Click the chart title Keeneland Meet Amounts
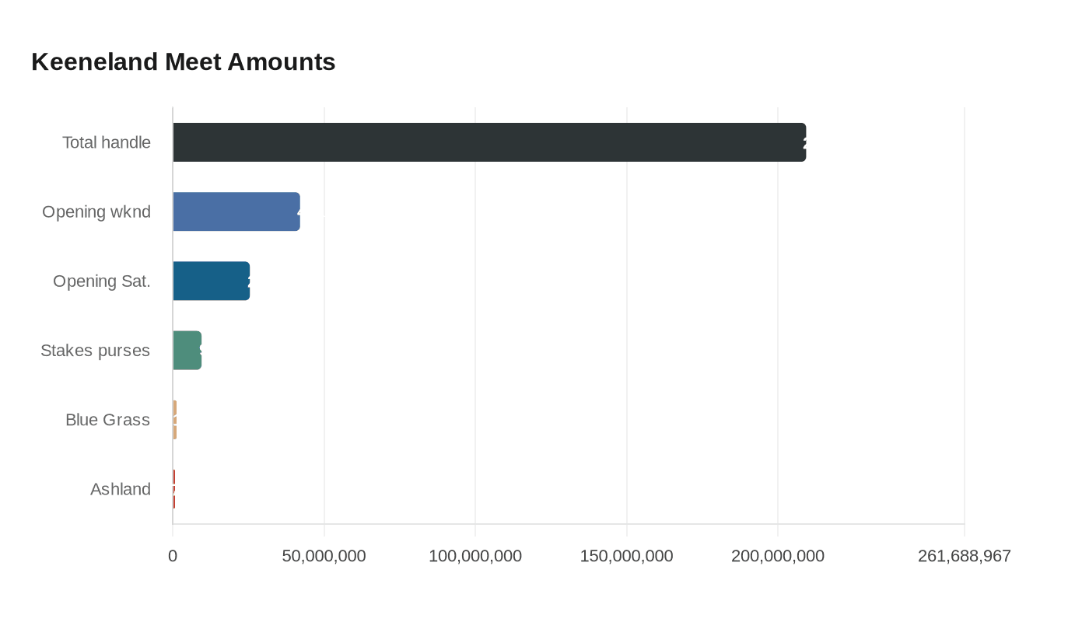184,61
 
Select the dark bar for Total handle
488,142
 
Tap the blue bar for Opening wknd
236,211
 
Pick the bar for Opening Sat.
211,281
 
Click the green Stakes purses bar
187,350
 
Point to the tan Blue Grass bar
175,420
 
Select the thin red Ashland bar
174,489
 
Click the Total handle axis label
107,142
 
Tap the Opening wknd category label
96,211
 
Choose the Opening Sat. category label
102,281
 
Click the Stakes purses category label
95,350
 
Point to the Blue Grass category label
107,420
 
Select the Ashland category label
121,489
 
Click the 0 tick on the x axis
173,556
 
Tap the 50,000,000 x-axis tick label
324,556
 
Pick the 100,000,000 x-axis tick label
475,556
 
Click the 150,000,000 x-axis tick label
626,556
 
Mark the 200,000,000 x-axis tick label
778,556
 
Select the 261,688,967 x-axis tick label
964,556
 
